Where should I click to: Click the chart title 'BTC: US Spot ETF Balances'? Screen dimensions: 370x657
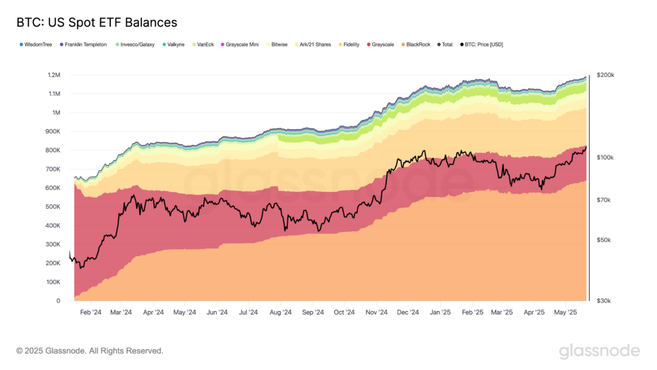click(x=96, y=23)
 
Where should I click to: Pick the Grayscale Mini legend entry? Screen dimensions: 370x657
click(x=242, y=45)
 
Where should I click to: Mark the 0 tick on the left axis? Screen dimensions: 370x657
click(x=58, y=301)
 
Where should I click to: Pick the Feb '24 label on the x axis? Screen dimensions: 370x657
click(x=90, y=312)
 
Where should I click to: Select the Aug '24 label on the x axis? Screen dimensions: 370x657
click(x=280, y=312)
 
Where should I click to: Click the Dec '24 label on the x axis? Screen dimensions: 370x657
click(x=408, y=312)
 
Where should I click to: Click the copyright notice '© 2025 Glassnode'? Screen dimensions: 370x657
click(x=90, y=351)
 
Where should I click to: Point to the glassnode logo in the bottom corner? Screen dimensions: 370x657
click(x=599, y=351)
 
